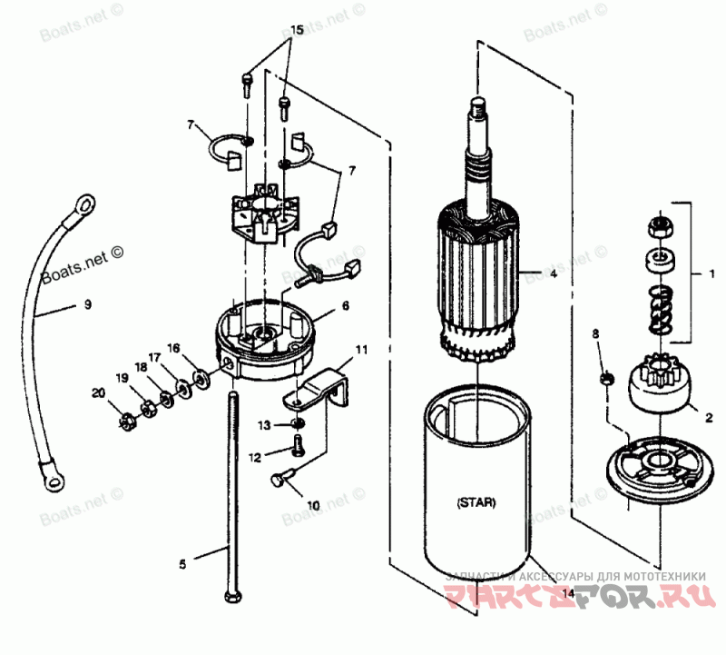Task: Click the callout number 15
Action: click(292, 30)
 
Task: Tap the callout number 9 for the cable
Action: click(88, 305)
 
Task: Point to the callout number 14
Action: click(568, 593)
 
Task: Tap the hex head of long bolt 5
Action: click(231, 600)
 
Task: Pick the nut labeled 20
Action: click(129, 421)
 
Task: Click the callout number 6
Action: click(346, 307)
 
